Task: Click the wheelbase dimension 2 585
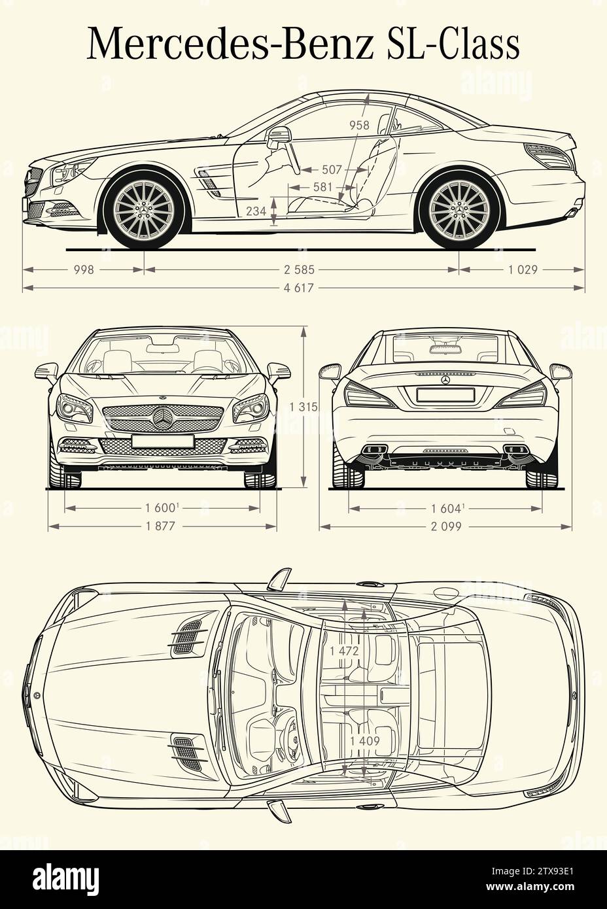(300, 269)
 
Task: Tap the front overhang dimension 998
(84, 269)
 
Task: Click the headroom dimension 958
(358, 125)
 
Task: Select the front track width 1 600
(162, 508)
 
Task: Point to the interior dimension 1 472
(345, 651)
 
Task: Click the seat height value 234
(256, 211)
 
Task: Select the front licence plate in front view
(162, 441)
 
